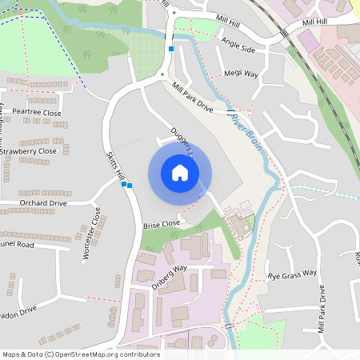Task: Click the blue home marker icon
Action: [x=179, y=172]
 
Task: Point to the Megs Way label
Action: [x=242, y=74]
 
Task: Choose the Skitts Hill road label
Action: [x=117, y=165]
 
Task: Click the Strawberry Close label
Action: [x=29, y=150]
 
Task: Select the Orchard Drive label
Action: [x=43, y=203]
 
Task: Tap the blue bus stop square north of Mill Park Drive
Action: [x=170, y=49]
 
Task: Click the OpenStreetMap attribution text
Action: [x=80, y=354]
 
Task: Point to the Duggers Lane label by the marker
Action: [x=183, y=139]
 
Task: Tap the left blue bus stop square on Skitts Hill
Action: [x=124, y=184]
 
